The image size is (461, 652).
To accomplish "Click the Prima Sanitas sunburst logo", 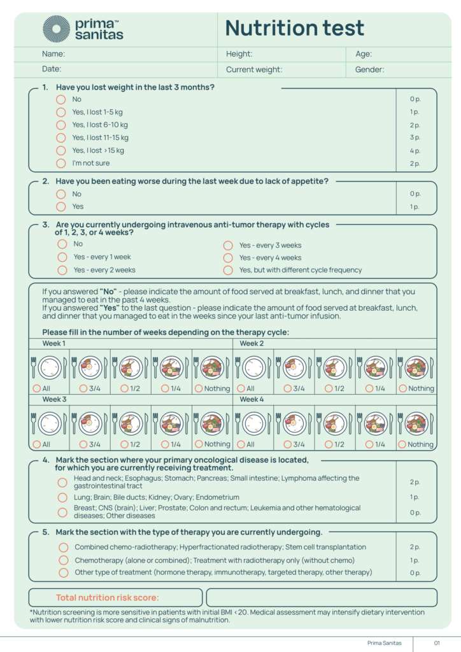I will tap(56, 29).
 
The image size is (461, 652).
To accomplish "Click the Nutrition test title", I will tap(294, 28).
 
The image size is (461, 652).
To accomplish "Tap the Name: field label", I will tap(53, 54).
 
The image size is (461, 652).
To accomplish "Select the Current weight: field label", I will tap(253, 70).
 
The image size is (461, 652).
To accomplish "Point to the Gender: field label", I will tap(369, 70).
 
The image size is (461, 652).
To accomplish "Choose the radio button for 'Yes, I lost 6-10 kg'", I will tap(61, 125).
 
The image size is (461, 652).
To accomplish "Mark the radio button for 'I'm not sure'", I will tap(61, 164).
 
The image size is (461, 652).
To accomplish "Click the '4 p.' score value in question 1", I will tap(415, 151).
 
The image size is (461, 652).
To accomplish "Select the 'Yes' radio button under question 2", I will tap(61, 206).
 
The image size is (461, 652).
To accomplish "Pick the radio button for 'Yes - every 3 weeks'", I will tap(227, 245).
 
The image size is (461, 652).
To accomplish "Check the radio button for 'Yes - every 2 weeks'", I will tap(62, 270).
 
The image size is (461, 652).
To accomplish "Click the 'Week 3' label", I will tap(54, 399).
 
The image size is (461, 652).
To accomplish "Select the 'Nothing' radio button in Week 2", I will tap(402, 388).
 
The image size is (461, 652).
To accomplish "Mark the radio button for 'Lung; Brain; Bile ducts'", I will tap(62, 497).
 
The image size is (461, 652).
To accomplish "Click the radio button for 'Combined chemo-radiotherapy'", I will tap(63, 547).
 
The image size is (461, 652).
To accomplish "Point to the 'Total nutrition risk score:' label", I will tap(108, 597).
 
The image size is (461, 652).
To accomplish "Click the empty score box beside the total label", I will tap(322, 597).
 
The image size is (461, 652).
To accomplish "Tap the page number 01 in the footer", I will tap(437, 643).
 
